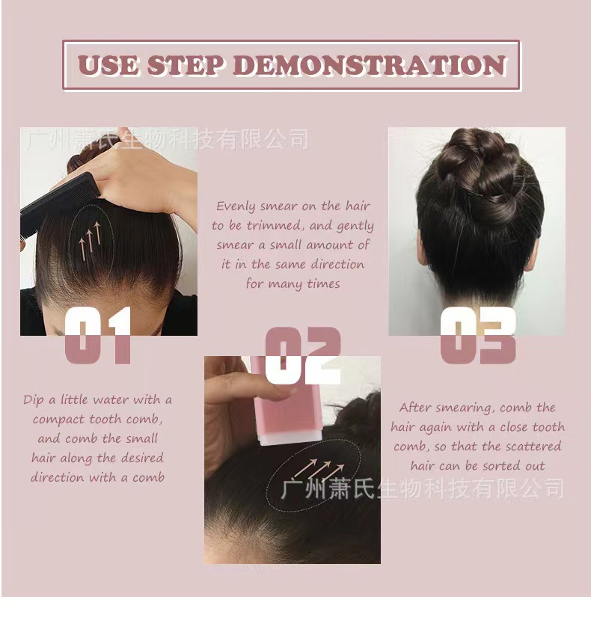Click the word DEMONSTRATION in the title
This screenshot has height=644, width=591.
pyautogui.click(x=370, y=66)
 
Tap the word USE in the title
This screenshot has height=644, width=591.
pyautogui.click(x=108, y=66)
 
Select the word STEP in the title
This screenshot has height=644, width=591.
pyautogui.click(x=186, y=66)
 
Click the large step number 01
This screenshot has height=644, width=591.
pyautogui.click(x=98, y=335)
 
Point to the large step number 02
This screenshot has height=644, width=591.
pyautogui.click(x=303, y=355)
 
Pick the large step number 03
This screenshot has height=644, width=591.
pyautogui.click(x=478, y=335)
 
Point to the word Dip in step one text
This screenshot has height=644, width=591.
pyautogui.click(x=33, y=400)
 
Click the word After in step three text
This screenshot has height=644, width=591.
pyautogui.click(x=415, y=408)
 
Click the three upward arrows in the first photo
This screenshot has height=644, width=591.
pyautogui.click(x=90, y=242)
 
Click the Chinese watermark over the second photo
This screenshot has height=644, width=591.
pyautogui.click(x=423, y=488)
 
